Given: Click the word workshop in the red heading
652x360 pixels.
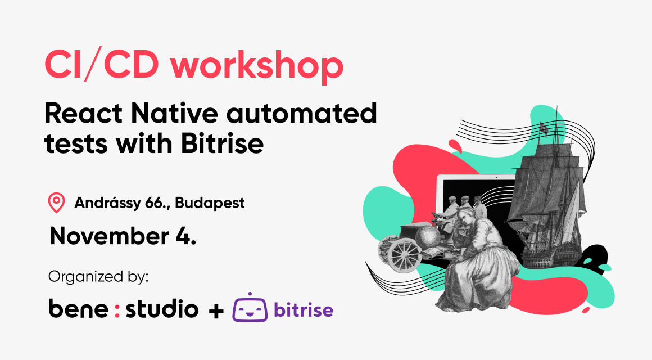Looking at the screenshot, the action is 257,65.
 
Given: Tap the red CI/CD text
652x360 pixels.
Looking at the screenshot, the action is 102,65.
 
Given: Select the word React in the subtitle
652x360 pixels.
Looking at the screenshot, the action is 84,113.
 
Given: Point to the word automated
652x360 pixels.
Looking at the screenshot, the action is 301,113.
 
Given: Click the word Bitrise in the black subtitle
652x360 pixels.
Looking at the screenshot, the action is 222,143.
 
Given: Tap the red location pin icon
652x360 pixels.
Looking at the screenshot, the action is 57,202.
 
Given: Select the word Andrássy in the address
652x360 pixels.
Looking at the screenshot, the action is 107,203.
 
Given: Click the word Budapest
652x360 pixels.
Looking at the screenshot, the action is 210,203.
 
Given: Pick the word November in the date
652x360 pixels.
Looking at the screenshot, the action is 109,236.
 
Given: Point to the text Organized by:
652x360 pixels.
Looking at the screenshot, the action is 98,277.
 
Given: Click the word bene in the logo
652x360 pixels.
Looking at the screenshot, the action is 79,308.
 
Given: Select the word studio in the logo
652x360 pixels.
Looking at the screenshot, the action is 162,308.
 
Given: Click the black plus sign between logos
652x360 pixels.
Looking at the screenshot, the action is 216,311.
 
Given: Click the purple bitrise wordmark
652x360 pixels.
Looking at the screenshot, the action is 304,309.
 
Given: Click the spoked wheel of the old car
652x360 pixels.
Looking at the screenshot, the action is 404,255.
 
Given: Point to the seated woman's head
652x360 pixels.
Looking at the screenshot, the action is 465,216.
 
